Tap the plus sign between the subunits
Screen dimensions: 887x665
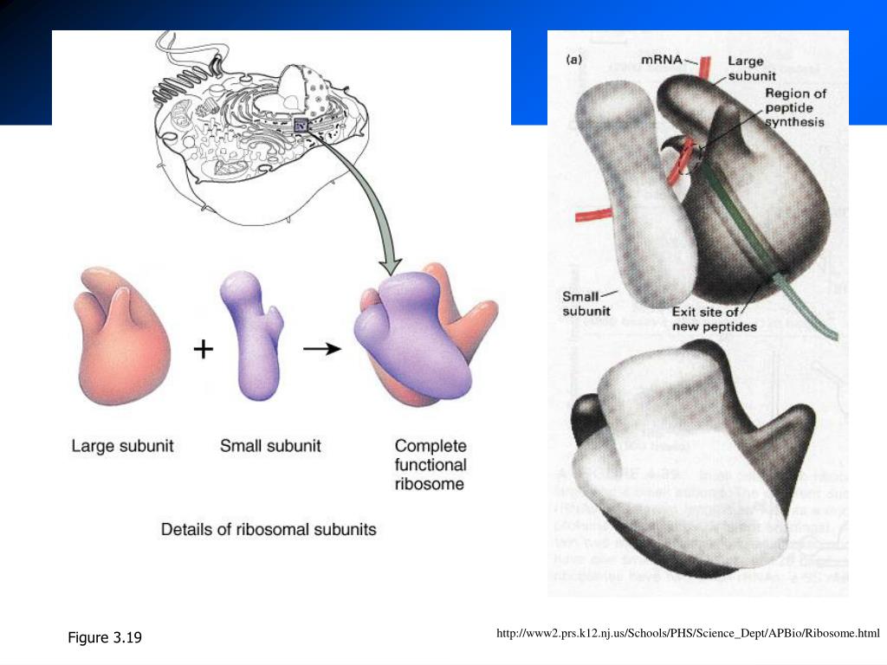point(203,349)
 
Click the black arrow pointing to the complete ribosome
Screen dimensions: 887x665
point(320,349)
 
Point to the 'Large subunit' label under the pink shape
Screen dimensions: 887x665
point(122,447)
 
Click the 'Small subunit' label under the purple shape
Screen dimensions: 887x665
point(270,447)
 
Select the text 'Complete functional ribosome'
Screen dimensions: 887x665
point(431,465)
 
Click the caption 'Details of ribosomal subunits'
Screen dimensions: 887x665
point(269,528)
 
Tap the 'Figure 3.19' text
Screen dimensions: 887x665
point(105,638)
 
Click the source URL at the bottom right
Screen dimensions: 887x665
point(688,635)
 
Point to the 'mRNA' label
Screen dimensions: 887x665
point(661,61)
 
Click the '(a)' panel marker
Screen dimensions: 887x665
point(573,61)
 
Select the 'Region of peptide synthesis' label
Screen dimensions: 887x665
point(794,107)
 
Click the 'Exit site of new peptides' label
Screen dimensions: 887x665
point(715,319)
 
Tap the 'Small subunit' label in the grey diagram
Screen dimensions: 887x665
point(586,303)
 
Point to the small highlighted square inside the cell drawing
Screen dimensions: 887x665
point(301,126)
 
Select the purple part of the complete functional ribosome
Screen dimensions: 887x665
point(416,338)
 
